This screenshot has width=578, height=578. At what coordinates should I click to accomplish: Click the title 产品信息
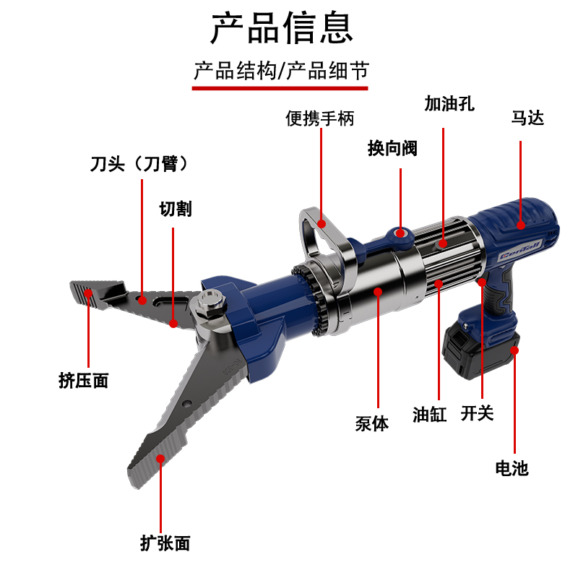282,28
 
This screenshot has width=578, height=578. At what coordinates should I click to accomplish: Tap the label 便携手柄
319,118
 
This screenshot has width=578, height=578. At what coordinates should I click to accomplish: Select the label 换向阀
392,149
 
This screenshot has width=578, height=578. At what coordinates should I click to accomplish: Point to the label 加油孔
449,103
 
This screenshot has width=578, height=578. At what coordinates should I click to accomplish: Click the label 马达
527,118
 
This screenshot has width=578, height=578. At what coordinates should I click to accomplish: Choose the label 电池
512,468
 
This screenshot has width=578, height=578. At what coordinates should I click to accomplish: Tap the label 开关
477,413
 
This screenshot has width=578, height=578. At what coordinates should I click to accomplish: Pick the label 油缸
429,414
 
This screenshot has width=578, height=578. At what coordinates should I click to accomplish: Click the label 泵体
371,423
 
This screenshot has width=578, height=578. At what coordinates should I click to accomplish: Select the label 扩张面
165,543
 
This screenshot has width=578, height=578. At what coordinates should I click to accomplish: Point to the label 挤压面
83,381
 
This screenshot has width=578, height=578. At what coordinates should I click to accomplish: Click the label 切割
176,209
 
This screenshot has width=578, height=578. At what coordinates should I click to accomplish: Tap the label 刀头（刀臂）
139,164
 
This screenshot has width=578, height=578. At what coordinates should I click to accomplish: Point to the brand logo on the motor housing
519,250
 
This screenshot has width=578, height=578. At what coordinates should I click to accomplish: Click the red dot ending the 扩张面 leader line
160,459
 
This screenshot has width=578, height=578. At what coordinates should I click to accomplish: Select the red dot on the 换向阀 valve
400,233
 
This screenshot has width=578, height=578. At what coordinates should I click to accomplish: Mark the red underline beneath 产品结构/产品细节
280,88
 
